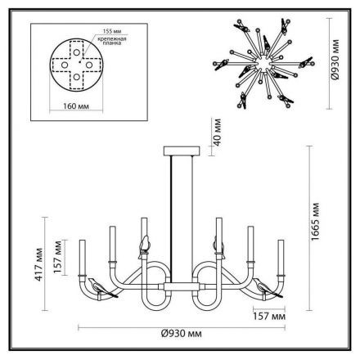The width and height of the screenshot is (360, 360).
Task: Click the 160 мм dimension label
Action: point(76,106)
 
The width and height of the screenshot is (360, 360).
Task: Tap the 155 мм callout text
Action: point(112,31)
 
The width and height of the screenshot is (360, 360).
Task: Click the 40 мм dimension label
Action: point(217,132)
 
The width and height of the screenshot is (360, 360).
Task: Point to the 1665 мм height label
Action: point(315,222)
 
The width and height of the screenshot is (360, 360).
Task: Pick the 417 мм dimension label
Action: point(38,264)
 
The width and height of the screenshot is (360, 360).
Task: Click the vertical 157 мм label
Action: point(57,257)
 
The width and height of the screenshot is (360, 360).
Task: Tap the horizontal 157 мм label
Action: point(269,317)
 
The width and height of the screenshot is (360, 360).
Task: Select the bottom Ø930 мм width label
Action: point(182,333)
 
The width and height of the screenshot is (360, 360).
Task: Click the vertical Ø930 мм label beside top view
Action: point(335,60)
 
